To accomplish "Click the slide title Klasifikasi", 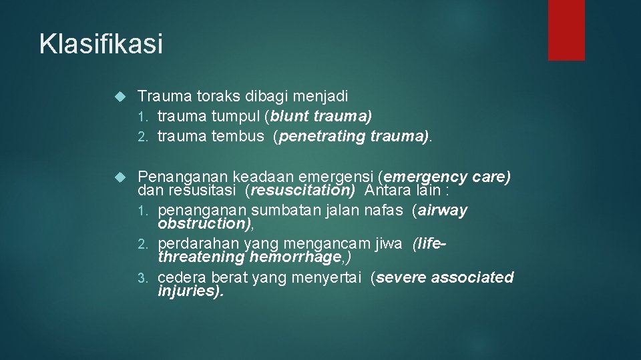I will pyautogui.click(x=101, y=44).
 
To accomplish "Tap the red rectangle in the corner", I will pyautogui.click(x=566, y=30).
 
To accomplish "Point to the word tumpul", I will pyautogui.click(x=236, y=117).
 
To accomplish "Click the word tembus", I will pyautogui.click(x=238, y=137).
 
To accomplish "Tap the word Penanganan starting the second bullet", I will pyautogui.click(x=182, y=177).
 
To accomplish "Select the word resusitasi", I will pyautogui.click(x=206, y=191).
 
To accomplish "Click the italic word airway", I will pyautogui.click(x=443, y=211).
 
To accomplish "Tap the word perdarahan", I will pyautogui.click(x=198, y=244).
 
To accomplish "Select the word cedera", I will pyautogui.click(x=182, y=277).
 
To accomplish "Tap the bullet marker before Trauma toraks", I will pyautogui.click(x=120, y=97).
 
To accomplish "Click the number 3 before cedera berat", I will pyautogui.click(x=150, y=278).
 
